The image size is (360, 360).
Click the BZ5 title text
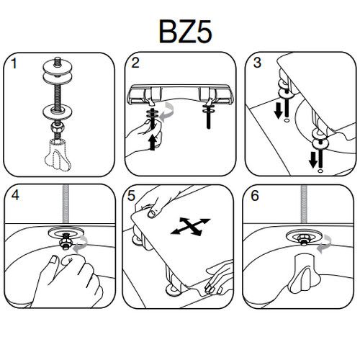185,32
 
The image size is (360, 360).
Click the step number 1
14,63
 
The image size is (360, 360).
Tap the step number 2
135,63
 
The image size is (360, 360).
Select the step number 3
257,63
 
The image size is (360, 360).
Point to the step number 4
15,195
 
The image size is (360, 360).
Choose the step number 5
131,196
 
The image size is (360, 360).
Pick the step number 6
255,196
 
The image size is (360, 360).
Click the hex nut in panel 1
57,127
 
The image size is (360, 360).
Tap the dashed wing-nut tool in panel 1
58,155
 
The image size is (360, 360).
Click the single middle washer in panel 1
57,111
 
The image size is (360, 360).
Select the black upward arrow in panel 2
153,143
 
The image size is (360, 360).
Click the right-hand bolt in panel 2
208,115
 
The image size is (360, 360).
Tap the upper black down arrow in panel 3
279,110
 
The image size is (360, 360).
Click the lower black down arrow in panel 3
313,160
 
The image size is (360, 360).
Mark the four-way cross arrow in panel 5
190,226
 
